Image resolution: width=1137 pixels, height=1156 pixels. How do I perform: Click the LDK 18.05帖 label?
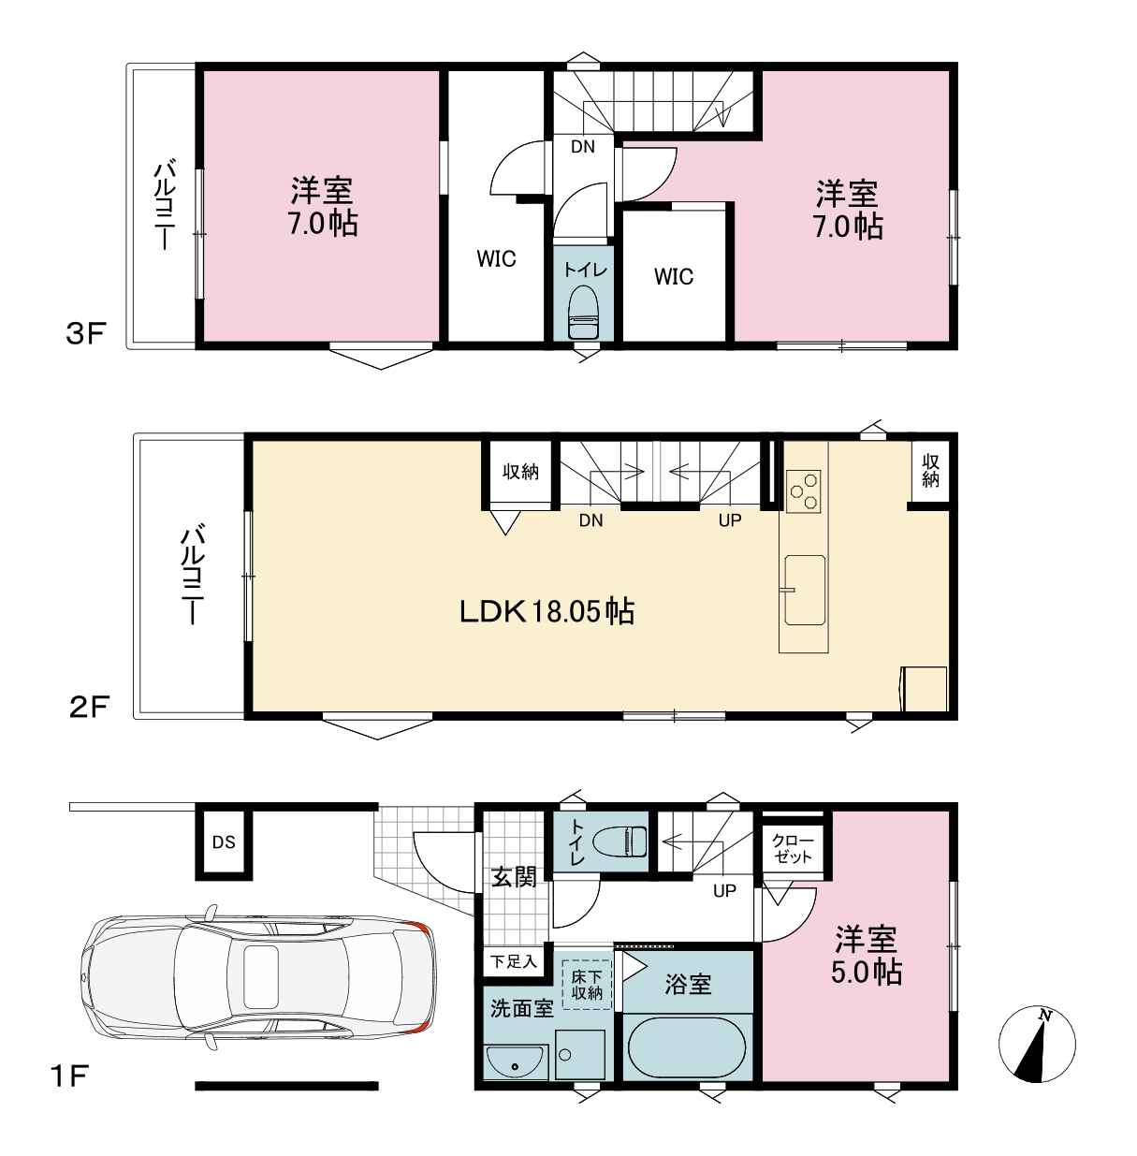point(547,612)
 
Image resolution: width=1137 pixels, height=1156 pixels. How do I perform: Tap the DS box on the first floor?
point(224,842)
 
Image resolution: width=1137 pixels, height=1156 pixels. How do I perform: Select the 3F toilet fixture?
point(583,312)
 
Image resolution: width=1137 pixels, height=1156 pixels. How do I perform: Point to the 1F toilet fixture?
point(620,841)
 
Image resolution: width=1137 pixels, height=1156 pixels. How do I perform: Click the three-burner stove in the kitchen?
point(804,490)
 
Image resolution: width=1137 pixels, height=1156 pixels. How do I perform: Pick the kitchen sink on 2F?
point(805,591)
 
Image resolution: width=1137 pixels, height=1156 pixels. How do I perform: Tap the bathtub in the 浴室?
point(687,1046)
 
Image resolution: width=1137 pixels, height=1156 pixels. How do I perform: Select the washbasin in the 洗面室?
point(516,1062)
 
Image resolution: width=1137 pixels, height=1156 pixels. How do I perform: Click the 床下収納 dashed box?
point(587,985)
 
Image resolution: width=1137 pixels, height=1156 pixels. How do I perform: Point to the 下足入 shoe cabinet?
point(514,961)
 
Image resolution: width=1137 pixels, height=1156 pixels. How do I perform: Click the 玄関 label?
point(514,878)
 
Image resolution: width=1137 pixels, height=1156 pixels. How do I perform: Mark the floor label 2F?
point(89,707)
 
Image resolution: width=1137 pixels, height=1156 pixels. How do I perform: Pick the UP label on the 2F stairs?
point(730,520)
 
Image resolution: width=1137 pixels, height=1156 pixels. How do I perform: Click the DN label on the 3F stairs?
point(583,146)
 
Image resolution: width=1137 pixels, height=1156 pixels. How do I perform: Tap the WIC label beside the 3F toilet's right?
point(673,276)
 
